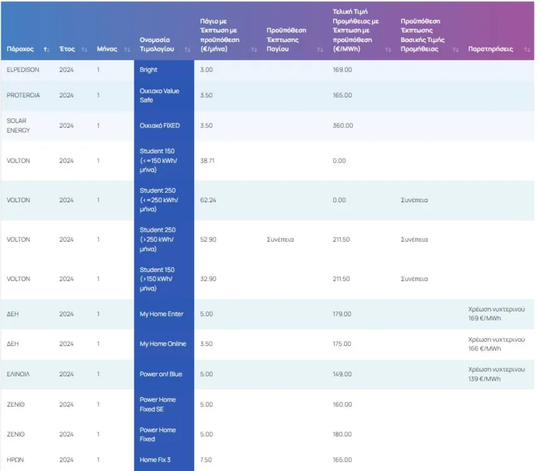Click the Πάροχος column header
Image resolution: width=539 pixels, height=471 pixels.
click(20, 49)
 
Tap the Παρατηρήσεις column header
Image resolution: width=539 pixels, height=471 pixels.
click(491, 49)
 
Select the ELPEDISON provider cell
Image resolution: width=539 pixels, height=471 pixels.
click(23, 70)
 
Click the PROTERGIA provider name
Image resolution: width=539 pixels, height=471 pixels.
click(23, 95)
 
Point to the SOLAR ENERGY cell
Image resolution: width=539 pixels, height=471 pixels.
click(18, 126)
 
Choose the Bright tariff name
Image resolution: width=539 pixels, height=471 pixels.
click(149, 70)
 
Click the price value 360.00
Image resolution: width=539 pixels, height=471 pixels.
click(343, 126)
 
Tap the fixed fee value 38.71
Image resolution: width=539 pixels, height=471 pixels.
click(208, 161)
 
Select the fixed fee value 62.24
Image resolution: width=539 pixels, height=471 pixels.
click(208, 200)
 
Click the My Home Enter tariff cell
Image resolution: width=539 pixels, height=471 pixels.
click(162, 314)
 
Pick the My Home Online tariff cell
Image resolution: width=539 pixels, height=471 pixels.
click(163, 344)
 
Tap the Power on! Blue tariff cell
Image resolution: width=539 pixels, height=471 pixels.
click(161, 374)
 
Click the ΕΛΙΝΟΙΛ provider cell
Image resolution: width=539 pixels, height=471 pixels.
click(18, 374)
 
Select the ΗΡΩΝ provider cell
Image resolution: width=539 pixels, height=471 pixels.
click(14, 460)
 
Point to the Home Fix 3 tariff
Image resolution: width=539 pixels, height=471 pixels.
click(155, 460)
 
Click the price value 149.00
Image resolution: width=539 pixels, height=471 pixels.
click(342, 374)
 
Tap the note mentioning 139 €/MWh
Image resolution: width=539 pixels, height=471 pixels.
click(496, 374)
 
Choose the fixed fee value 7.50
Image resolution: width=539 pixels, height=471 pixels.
click(206, 460)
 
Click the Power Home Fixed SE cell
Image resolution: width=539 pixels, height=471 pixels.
click(158, 404)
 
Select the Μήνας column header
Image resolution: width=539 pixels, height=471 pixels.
click(107, 49)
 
